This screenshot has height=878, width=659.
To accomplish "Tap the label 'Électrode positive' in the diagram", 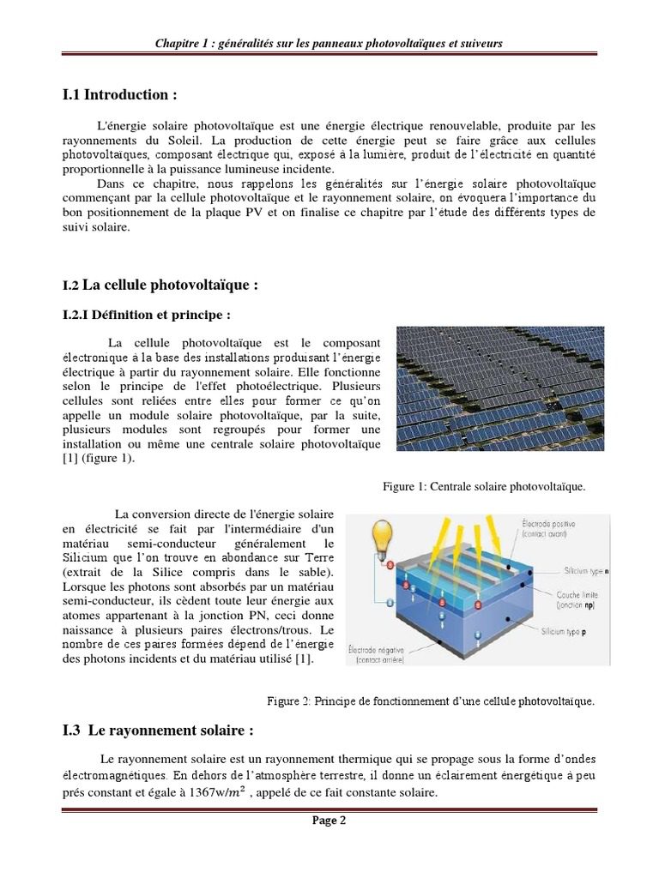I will (549, 523).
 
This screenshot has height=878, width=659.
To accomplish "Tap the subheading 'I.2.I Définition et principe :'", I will (147, 315).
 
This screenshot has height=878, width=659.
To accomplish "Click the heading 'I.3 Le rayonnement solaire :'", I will (158, 731).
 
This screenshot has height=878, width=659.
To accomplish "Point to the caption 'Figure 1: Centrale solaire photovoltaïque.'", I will (484, 487).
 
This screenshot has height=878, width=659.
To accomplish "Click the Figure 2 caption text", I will (430, 701).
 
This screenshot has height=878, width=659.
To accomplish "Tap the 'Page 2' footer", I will (329, 821).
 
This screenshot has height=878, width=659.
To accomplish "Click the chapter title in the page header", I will (329, 43).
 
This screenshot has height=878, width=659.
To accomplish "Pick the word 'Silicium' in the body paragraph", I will (86, 559).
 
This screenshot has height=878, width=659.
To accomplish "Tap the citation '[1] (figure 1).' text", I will (100, 458).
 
